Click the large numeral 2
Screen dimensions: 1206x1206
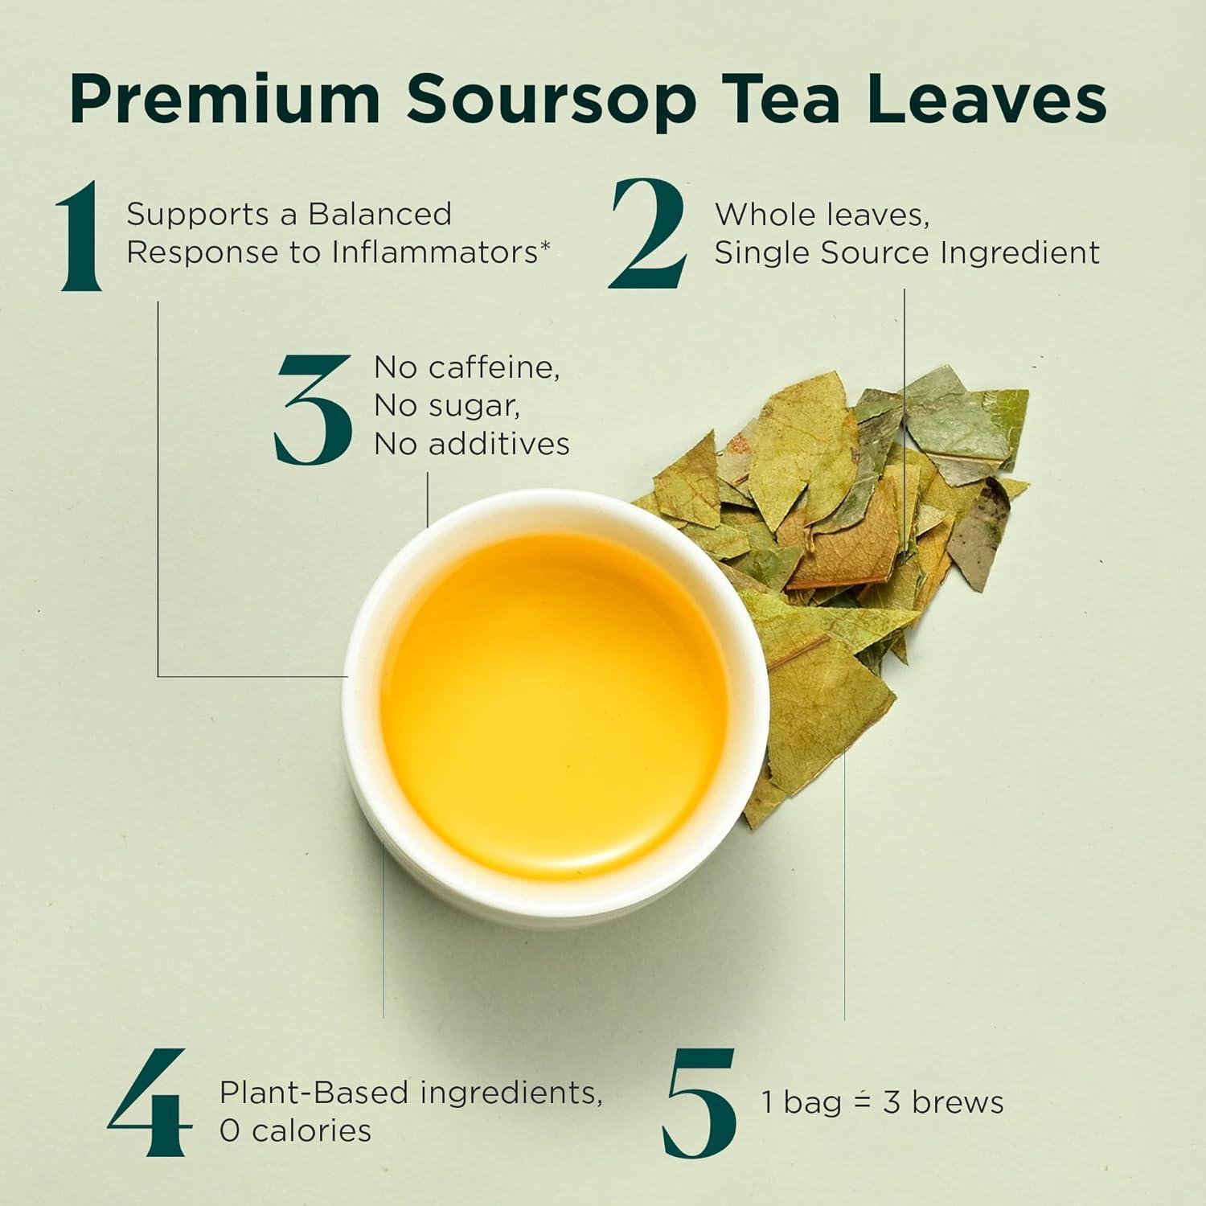[x=649, y=235]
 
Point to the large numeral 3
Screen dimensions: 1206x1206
[x=314, y=410]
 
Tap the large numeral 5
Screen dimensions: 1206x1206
[x=699, y=1103]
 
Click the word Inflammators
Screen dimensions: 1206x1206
[x=435, y=252]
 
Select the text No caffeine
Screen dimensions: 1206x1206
[x=466, y=367]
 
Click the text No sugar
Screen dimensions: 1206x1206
[x=446, y=405]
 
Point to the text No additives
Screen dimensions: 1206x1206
[x=471, y=443]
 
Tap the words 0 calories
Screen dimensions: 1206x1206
[x=295, y=1130]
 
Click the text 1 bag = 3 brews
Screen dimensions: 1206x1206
[x=882, y=1102]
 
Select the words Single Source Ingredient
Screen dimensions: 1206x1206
[x=906, y=252]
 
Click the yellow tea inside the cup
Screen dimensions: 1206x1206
[x=555, y=708]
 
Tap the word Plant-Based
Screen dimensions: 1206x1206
[x=314, y=1093]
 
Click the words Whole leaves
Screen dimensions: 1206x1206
[x=822, y=215]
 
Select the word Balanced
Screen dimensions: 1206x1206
[x=379, y=215]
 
